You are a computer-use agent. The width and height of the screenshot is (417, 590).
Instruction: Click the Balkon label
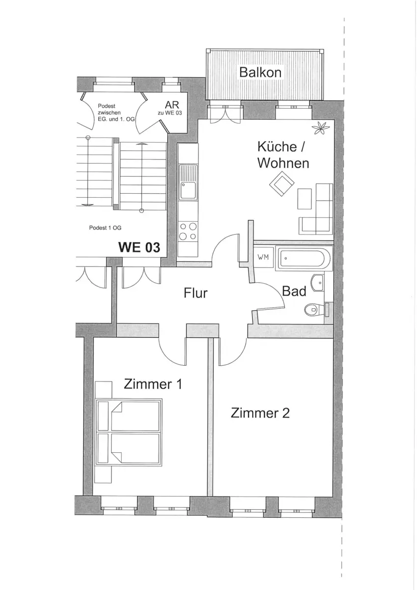(260, 72)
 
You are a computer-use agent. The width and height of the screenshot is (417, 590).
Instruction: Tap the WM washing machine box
(263, 257)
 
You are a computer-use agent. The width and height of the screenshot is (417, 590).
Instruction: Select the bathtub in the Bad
(304, 258)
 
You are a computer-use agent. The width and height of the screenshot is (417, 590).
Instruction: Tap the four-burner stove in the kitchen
(188, 231)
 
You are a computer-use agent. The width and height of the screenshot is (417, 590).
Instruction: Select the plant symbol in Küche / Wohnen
(321, 128)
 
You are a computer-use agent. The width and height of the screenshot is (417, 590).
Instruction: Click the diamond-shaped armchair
(282, 183)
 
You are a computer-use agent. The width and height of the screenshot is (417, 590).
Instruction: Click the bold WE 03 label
(139, 247)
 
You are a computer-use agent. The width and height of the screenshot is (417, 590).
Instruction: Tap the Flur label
(195, 293)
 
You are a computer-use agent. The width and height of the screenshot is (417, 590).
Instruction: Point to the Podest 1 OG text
(105, 228)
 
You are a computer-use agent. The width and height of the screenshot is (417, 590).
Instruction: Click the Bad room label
(294, 291)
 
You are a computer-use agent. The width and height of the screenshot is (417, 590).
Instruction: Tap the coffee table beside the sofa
(305, 199)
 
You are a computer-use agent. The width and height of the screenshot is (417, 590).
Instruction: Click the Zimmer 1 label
(153, 384)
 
